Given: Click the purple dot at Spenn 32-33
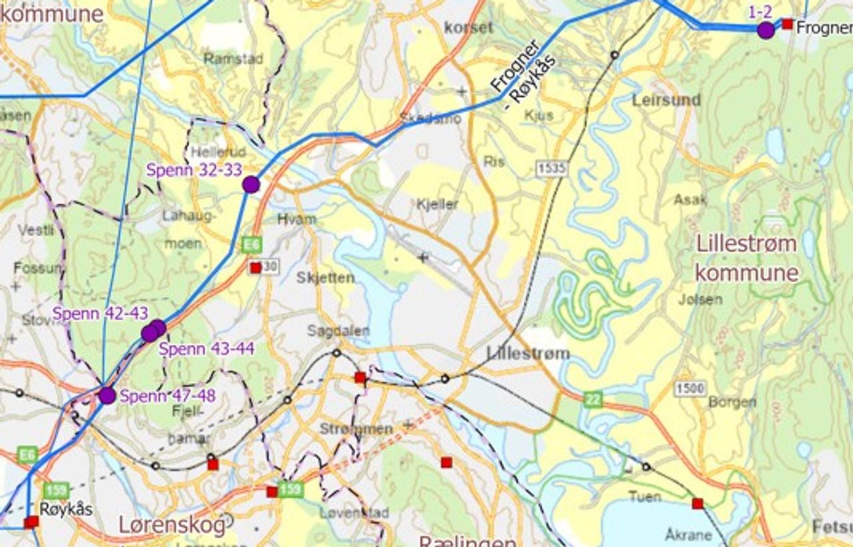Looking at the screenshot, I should (251, 184).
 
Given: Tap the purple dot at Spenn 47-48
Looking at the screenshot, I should (107, 396).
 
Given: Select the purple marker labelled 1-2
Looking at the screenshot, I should (766, 30).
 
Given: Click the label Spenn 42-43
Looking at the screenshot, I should (100, 314).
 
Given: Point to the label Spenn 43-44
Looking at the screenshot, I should (206, 349).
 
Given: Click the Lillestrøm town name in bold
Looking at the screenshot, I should (528, 354).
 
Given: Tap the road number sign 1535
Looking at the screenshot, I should (551, 169).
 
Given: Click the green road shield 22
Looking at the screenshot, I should (593, 400).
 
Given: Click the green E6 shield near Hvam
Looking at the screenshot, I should (252, 245).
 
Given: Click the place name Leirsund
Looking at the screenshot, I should (666, 100).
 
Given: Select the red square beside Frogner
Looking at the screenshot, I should (787, 24).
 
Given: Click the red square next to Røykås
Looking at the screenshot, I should (31, 522).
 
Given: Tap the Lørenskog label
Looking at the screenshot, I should (172, 525).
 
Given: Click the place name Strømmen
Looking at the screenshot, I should (356, 429).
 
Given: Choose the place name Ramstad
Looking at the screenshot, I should (233, 59).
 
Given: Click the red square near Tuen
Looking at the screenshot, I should (698, 503).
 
